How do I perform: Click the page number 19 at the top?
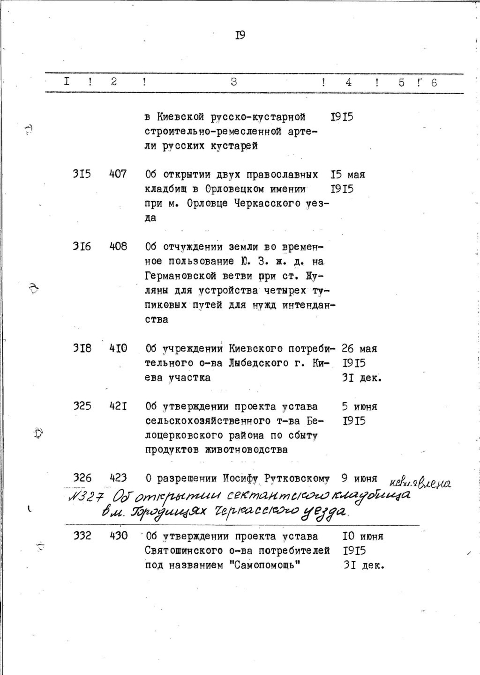[x=240, y=36]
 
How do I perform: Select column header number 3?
[x=233, y=82]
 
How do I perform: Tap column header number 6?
[x=434, y=82]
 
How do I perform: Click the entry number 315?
[x=82, y=175]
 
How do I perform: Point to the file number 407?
[x=118, y=175]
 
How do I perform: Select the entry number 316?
[x=82, y=246]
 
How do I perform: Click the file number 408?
[x=118, y=246]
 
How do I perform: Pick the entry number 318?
[x=82, y=348]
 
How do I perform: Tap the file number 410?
[x=118, y=348]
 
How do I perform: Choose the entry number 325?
[x=82, y=406]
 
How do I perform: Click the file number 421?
[x=118, y=406]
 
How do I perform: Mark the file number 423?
[x=118, y=478]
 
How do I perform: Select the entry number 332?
[x=82, y=536]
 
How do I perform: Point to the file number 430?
[x=118, y=536]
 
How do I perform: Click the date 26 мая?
[x=360, y=348]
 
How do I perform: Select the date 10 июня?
[x=363, y=536]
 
